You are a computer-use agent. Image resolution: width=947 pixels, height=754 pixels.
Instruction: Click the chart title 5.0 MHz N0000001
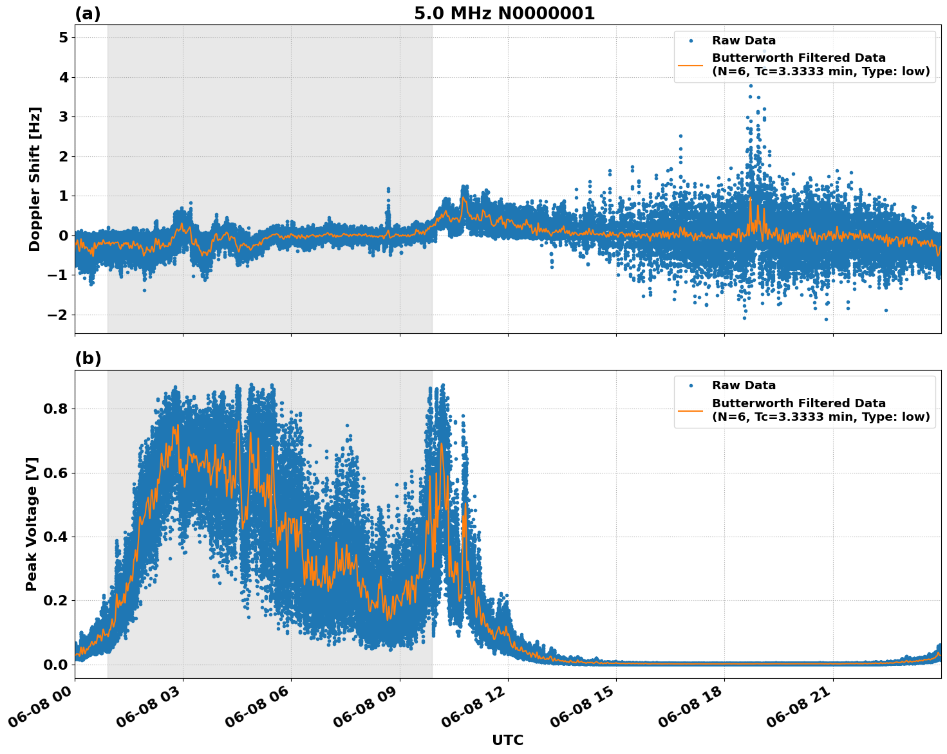pos(504,14)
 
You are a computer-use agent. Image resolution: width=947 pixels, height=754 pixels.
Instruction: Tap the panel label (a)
pos(88,14)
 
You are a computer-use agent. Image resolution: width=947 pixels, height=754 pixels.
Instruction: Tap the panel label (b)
pos(88,358)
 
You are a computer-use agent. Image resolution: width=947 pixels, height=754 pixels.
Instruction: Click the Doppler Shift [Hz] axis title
pos(35,179)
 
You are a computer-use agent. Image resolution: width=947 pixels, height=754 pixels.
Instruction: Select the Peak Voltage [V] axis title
pos(32,524)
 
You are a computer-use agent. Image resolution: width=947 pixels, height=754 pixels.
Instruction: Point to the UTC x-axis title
pos(507,740)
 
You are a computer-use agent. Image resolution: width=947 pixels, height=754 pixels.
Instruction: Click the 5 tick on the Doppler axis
pos(63,38)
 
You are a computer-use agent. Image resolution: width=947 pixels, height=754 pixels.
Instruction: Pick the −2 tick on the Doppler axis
pos(57,315)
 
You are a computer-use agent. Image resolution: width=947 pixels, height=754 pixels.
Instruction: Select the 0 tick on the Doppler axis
pos(63,235)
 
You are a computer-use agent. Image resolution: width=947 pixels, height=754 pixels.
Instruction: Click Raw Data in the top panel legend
pos(744,41)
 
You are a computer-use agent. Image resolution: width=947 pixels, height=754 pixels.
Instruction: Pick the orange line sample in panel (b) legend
pos(691,410)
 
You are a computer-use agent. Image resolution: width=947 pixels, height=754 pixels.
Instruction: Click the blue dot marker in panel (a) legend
pos(691,41)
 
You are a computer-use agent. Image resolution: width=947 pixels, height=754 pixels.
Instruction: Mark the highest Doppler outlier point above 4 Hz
pos(764,51)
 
